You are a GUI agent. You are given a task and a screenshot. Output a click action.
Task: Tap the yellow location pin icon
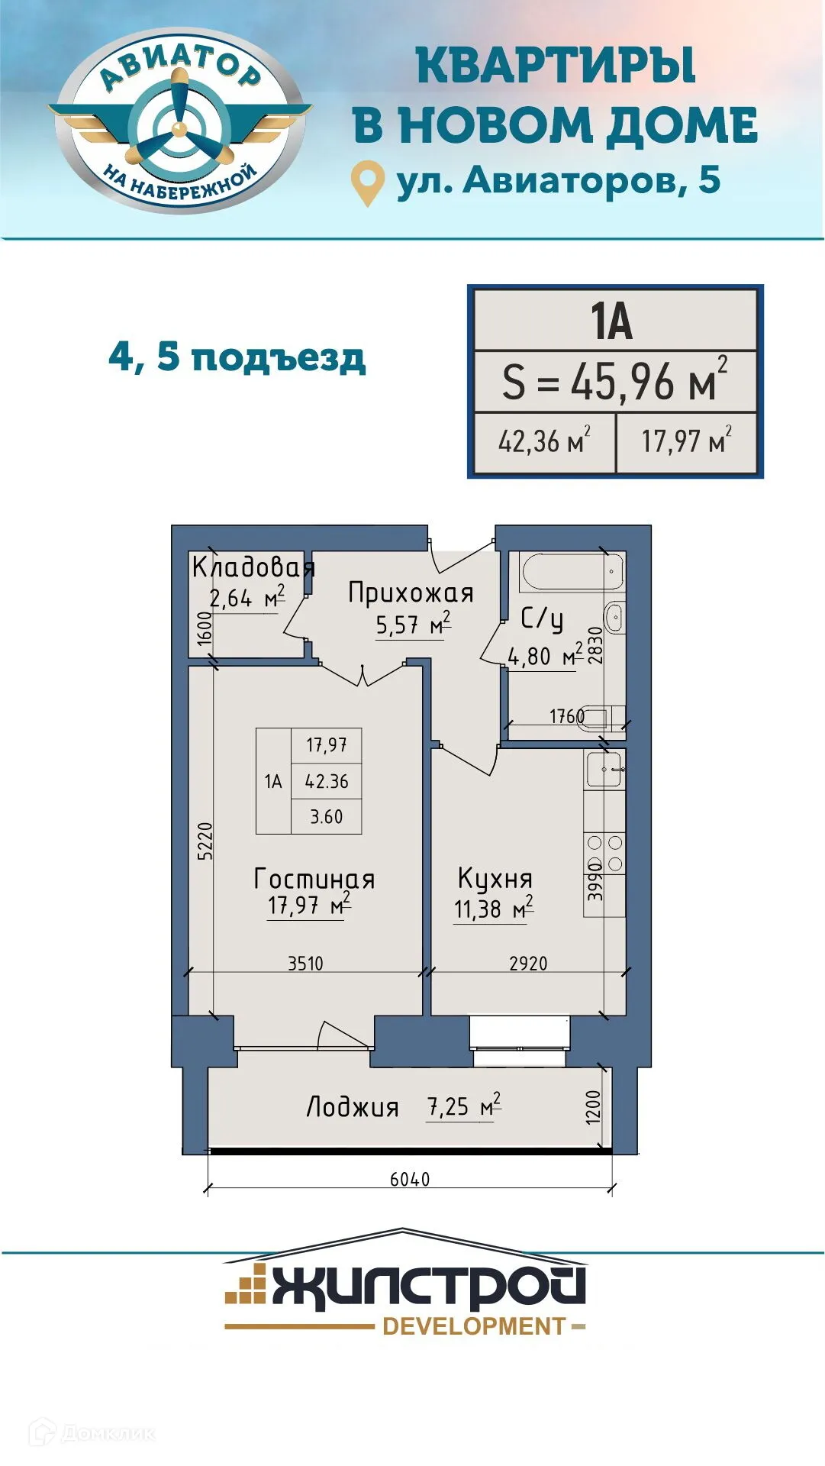(x=367, y=181)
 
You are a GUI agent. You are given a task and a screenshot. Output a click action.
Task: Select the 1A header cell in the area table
(x=612, y=321)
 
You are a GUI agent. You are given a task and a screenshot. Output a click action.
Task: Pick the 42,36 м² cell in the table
(x=543, y=441)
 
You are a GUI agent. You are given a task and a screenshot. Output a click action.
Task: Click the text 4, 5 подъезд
(x=237, y=357)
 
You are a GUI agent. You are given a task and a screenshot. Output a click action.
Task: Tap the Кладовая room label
(x=253, y=567)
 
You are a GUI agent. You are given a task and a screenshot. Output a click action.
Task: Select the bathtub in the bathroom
(x=572, y=572)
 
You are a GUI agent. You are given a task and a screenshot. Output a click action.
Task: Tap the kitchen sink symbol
(x=604, y=769)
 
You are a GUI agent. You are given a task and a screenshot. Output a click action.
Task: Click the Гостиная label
(x=314, y=879)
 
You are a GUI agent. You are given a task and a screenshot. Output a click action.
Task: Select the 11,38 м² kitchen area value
(x=493, y=909)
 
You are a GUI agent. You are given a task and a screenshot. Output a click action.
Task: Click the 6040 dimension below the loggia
(x=410, y=1179)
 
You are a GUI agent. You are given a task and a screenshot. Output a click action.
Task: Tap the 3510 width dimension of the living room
(x=305, y=964)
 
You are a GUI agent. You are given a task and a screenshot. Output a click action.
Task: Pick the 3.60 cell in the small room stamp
(x=326, y=816)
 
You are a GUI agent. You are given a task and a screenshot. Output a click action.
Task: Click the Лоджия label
(x=353, y=1107)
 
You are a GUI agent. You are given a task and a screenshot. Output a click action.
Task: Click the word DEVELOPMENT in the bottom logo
(x=474, y=1326)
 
